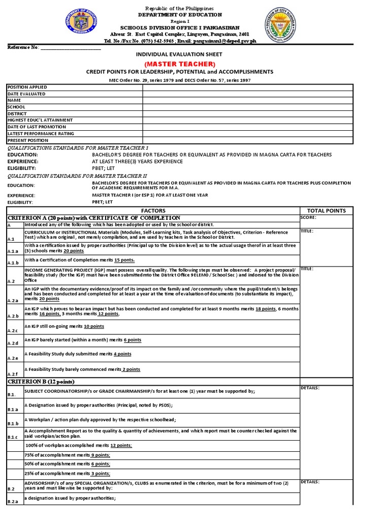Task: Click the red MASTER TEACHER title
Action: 180,64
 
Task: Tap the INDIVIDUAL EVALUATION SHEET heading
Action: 180,54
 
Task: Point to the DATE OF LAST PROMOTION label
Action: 29,127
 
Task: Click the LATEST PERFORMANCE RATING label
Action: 34,133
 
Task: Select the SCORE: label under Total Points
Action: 309,217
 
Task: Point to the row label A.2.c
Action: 12,331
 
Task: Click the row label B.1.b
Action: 13,423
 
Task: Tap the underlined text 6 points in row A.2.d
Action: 132,340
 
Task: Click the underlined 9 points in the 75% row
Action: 100,455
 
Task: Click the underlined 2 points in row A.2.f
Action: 131,369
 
